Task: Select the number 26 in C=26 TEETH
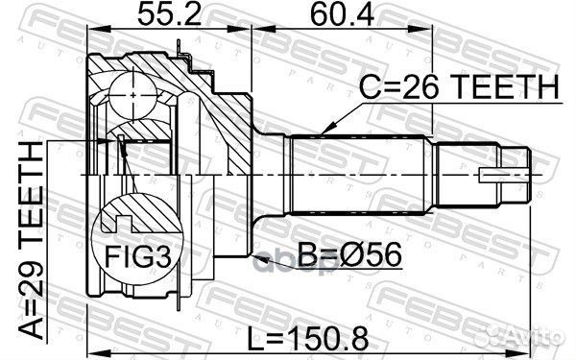(416, 88)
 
